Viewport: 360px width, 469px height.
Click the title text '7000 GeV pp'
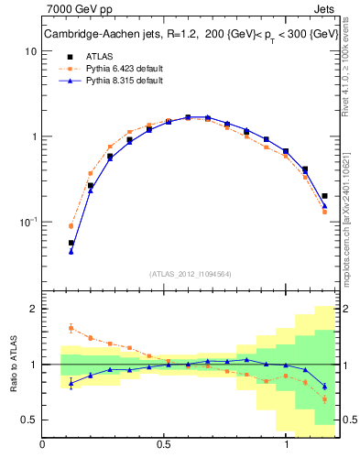tap(73, 9)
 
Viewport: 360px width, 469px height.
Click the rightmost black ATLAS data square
tap(325, 195)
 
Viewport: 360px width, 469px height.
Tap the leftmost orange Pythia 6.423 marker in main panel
tap(71, 225)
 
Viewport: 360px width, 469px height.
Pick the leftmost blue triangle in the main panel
tap(71, 250)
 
